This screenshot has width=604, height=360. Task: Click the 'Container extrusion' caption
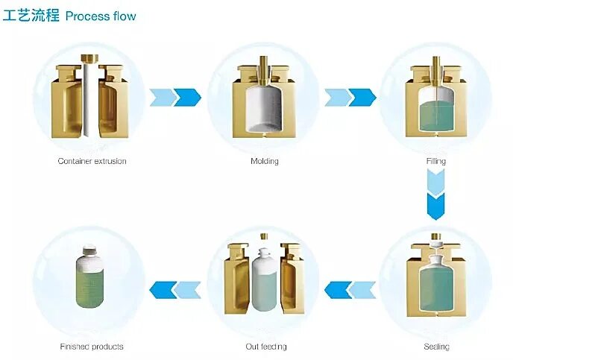click(x=92, y=161)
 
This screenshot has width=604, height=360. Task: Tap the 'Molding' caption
click(x=265, y=161)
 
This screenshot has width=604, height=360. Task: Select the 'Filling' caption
click(x=436, y=161)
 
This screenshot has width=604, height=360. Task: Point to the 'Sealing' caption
click(x=436, y=347)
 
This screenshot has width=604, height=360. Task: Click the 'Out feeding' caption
click(x=265, y=347)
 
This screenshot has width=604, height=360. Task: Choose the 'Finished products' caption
click(x=92, y=347)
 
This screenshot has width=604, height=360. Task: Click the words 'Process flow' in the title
click(x=101, y=16)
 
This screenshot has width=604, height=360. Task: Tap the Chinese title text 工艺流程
click(x=31, y=16)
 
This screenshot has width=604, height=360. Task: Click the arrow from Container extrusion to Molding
click(x=175, y=97)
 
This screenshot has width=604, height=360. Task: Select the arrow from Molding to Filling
click(x=350, y=97)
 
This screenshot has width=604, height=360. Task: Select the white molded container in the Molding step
click(x=265, y=104)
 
